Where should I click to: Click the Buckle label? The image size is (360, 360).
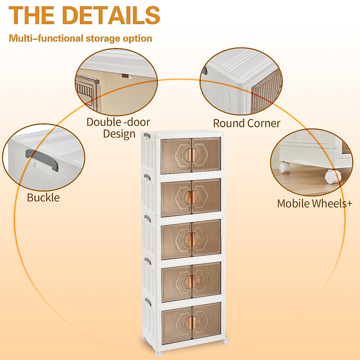pyautogui.click(x=43, y=198)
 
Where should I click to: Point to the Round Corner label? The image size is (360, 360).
pyautogui.click(x=247, y=123)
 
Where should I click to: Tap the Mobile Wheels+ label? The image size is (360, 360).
pyautogui.click(x=314, y=203)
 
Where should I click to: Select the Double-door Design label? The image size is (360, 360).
pyautogui.click(x=118, y=128)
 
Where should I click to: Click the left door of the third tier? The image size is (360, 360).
pyautogui.click(x=176, y=239)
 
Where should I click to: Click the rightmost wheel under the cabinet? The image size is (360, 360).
pyautogui.click(x=225, y=341)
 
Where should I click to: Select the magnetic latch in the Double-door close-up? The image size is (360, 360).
pyautogui.click(x=127, y=76)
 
